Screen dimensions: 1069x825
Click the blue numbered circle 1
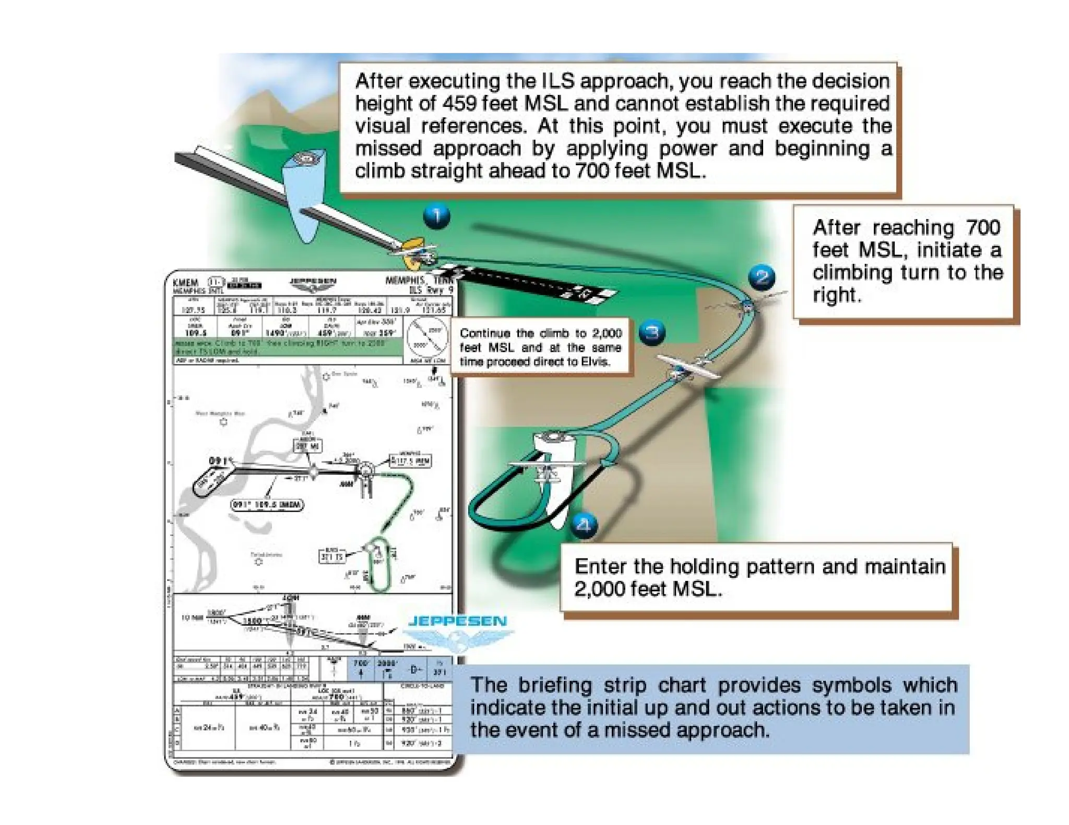click(436, 216)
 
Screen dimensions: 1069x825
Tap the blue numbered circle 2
click(762, 277)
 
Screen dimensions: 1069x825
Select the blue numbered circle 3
click(652, 332)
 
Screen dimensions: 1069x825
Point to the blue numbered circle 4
click(584, 525)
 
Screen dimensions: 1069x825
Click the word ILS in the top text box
click(558, 81)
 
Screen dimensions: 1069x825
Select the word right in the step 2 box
click(837, 295)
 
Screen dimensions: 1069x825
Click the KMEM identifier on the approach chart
click(186, 282)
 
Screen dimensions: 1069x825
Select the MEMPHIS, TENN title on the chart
click(418, 281)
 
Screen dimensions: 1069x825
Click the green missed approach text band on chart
click(287, 347)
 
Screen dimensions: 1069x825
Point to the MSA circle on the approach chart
click(427, 337)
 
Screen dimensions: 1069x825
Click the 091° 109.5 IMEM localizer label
click(267, 505)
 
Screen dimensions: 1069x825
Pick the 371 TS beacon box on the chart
click(332, 555)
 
